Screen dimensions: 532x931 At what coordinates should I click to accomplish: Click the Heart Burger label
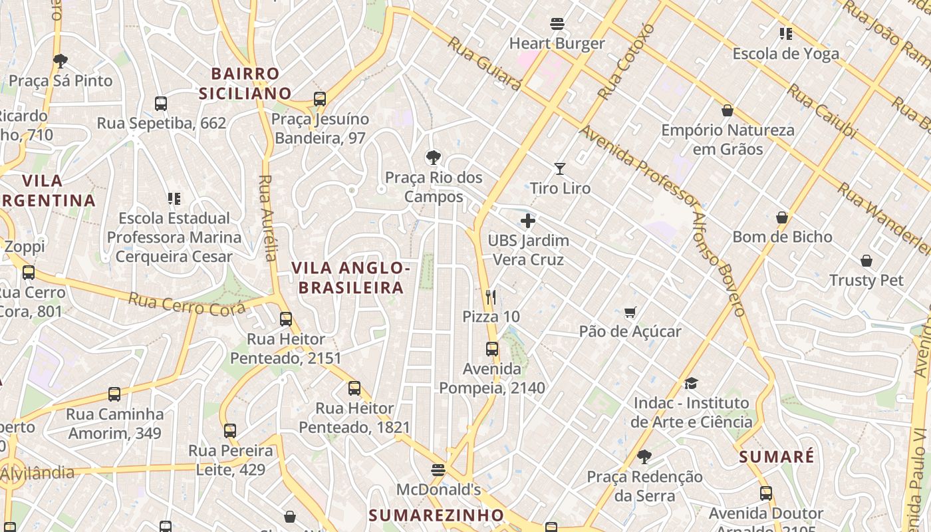point(557,44)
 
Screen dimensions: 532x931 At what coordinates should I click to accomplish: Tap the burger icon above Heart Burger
point(557,25)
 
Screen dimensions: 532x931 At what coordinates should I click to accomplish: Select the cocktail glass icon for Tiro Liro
point(560,169)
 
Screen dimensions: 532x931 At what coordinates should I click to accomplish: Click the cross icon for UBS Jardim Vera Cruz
point(528,221)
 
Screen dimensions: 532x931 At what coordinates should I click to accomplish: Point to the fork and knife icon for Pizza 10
point(491,297)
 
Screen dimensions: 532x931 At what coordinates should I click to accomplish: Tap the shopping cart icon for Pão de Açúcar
point(630,312)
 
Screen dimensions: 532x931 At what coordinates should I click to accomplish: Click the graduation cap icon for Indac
point(691,383)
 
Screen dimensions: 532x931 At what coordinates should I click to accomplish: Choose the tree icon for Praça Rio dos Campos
point(434,158)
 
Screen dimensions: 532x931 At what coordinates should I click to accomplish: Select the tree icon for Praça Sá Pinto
point(61,61)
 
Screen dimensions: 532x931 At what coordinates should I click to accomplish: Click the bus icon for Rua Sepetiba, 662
point(161,104)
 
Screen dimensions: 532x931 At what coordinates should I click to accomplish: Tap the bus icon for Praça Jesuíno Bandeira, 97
point(320,100)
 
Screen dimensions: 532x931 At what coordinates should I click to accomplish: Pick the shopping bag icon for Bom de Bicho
point(782,217)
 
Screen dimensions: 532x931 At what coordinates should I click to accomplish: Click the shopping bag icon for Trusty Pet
point(866,261)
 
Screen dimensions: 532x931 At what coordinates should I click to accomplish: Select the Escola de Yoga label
point(785,54)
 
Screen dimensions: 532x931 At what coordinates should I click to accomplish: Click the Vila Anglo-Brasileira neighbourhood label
point(350,277)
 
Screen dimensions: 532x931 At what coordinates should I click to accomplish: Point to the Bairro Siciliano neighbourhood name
point(245,83)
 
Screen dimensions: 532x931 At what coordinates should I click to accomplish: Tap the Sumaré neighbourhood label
point(776,457)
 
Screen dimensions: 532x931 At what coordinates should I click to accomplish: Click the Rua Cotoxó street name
point(626,61)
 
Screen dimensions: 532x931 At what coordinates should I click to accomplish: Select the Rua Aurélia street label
point(267,217)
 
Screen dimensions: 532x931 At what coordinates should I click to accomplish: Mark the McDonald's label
point(438,490)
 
